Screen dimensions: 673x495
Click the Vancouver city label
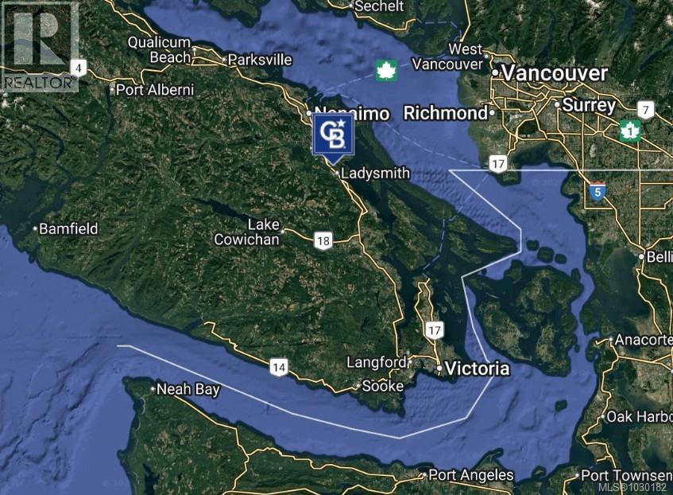point(555,73)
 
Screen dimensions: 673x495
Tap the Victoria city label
point(477,369)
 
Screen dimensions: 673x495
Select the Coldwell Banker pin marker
point(333,135)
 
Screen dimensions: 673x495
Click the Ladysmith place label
point(375,173)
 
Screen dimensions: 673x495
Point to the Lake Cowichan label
point(246,232)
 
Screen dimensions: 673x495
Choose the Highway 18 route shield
point(323,241)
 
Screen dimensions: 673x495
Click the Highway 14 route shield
point(278,367)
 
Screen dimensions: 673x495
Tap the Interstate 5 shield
point(598,191)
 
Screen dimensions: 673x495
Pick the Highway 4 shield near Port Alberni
point(77,68)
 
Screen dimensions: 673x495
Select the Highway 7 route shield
point(645,111)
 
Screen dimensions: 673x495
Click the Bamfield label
point(69,228)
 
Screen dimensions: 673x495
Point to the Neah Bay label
point(188,389)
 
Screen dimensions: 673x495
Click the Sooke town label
point(382,386)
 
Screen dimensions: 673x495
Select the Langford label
point(376,362)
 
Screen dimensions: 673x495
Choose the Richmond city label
point(445,113)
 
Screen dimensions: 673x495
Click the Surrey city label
point(590,105)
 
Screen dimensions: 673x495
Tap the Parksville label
point(260,60)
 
